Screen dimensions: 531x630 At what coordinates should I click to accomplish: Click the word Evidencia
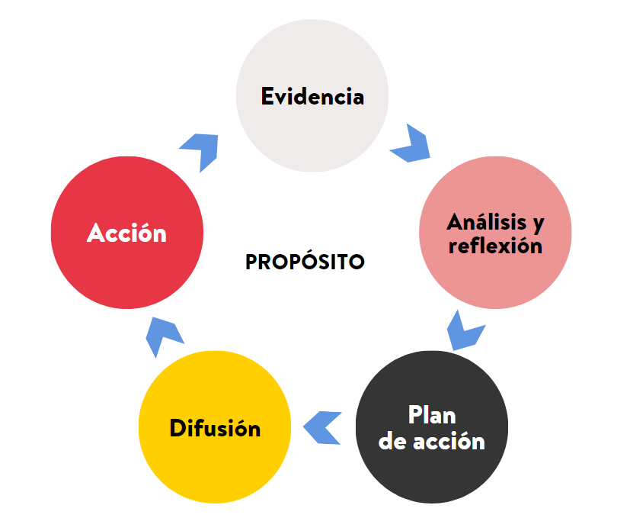(312, 97)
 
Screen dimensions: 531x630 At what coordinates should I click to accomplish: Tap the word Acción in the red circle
(126, 233)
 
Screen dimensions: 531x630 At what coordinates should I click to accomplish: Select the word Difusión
(215, 428)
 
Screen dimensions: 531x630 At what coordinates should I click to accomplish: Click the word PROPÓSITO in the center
(305, 262)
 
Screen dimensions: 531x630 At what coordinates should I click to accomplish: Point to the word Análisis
(486, 222)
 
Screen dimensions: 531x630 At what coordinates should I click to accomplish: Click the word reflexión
(495, 246)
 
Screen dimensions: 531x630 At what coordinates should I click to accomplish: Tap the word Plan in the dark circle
(432, 416)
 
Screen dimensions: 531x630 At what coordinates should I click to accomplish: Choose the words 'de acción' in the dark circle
(432, 441)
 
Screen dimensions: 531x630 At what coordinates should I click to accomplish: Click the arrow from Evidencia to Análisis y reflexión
(411, 143)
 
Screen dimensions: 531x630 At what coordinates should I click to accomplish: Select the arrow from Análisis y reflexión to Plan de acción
(463, 330)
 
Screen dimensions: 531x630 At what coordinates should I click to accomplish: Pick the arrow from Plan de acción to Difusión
(323, 427)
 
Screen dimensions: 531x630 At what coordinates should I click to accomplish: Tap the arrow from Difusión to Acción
(163, 336)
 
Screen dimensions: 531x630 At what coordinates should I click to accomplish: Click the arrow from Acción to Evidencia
(201, 149)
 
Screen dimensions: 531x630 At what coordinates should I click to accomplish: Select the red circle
(126, 275)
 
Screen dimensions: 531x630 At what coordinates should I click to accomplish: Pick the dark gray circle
(432, 477)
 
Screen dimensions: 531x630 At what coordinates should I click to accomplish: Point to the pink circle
(495, 282)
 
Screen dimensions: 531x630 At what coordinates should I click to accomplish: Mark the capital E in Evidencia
(267, 97)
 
